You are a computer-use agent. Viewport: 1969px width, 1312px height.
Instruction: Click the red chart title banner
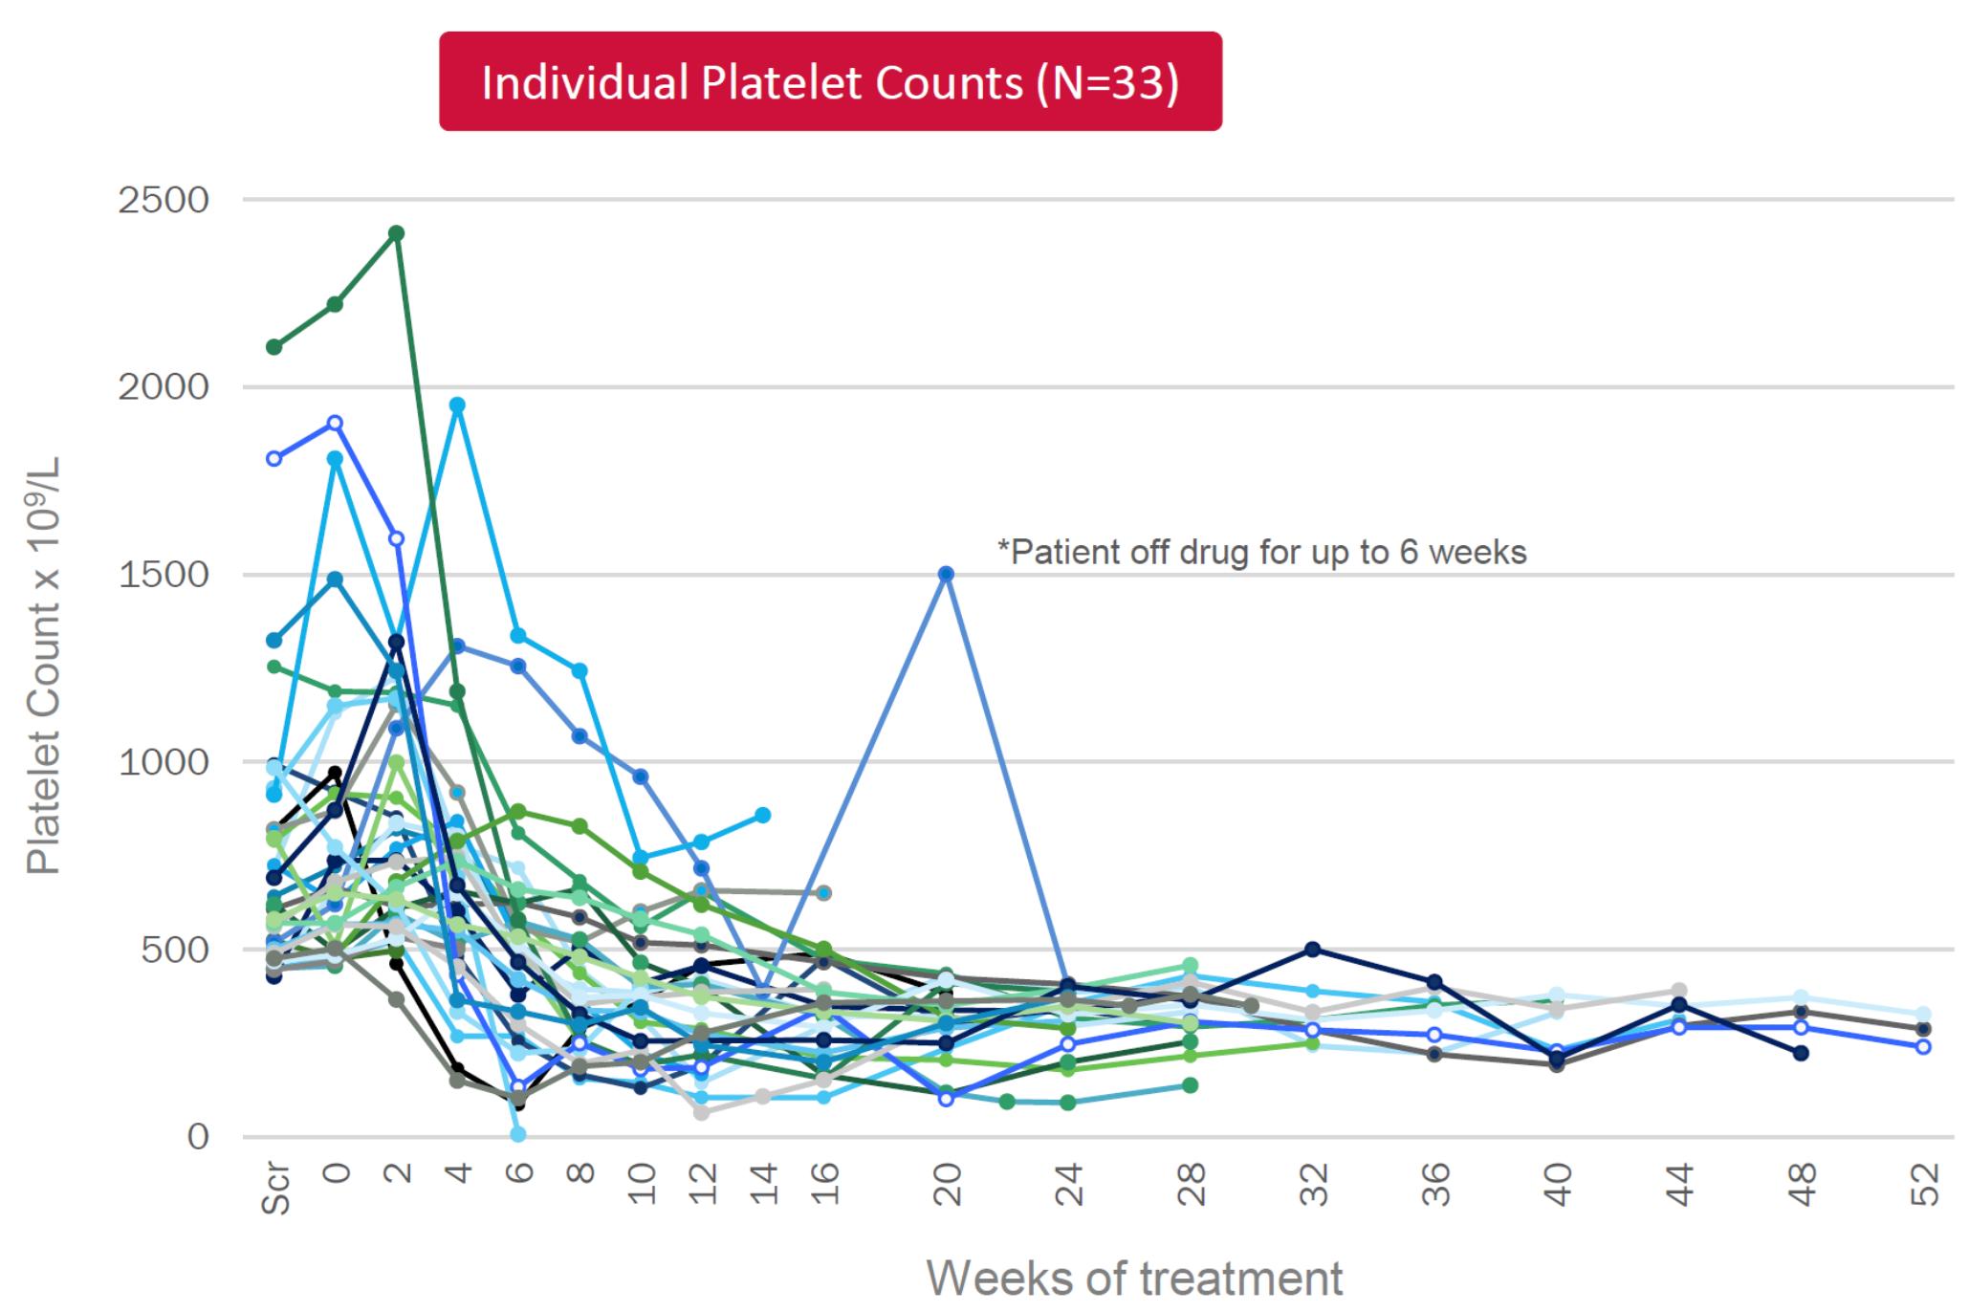830,82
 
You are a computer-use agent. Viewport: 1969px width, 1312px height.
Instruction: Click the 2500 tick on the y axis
163,201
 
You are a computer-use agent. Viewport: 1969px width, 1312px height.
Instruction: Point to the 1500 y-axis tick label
163,576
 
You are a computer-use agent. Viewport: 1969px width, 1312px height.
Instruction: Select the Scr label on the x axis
275,1190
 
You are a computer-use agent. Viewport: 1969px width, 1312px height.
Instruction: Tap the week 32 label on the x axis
1313,1186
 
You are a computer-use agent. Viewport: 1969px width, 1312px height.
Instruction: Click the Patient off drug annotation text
1262,552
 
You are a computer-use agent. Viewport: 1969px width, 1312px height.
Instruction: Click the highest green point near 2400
397,233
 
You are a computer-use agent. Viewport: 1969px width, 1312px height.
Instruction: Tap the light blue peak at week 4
457,405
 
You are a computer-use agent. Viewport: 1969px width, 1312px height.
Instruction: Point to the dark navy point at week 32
1313,949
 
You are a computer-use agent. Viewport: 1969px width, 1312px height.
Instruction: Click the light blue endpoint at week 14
763,815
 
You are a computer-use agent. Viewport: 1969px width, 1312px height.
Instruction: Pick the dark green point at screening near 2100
274,346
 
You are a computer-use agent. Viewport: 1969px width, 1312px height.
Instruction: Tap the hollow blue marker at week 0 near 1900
336,423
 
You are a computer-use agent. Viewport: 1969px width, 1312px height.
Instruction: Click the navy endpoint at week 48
1801,1053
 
